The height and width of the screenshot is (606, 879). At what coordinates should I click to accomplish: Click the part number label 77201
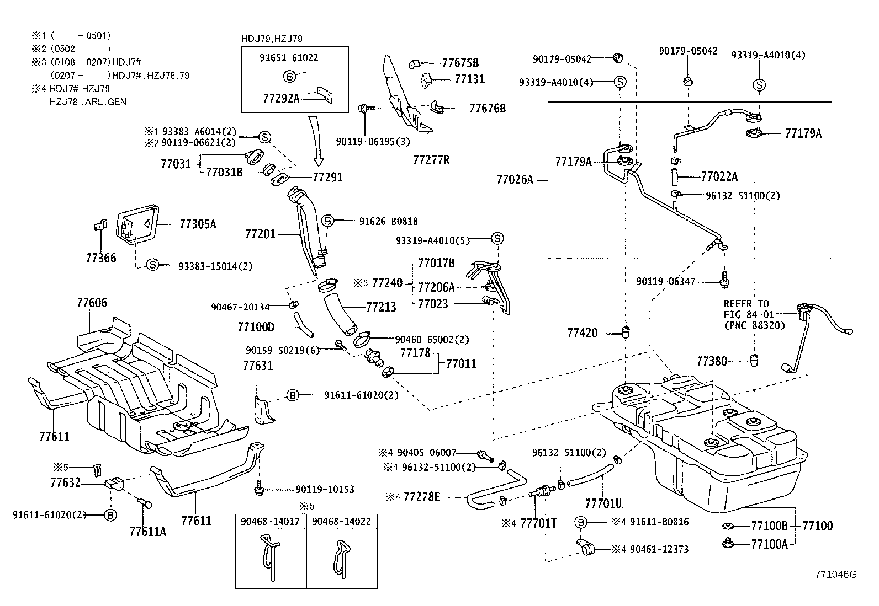tap(260, 234)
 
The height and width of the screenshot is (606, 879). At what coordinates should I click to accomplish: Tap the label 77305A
tap(198, 224)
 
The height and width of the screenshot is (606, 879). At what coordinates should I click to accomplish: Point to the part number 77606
tap(92, 302)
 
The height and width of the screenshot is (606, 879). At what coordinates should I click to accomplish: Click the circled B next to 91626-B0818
tap(327, 221)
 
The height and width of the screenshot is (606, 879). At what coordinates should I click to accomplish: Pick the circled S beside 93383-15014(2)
tap(153, 265)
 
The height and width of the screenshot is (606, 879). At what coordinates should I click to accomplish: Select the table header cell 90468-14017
tap(271, 521)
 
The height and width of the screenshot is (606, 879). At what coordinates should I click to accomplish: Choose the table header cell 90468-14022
tap(341, 521)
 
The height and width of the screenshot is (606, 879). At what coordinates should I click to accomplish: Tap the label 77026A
tap(515, 179)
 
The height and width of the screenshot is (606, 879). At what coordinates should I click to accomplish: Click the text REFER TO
tap(746, 304)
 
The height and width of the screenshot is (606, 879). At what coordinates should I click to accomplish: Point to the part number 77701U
tap(603, 503)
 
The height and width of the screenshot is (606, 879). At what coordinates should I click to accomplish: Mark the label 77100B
tap(769, 525)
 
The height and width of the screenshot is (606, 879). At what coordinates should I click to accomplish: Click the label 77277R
tap(431, 160)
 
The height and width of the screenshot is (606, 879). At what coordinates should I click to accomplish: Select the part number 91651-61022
tap(289, 57)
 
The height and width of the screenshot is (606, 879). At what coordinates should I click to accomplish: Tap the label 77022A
tap(719, 177)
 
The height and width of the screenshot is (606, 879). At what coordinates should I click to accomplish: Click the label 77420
tap(582, 333)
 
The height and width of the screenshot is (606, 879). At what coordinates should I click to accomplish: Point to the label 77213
tap(381, 307)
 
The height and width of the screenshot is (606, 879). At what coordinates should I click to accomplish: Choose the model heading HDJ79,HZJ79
tap(272, 39)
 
